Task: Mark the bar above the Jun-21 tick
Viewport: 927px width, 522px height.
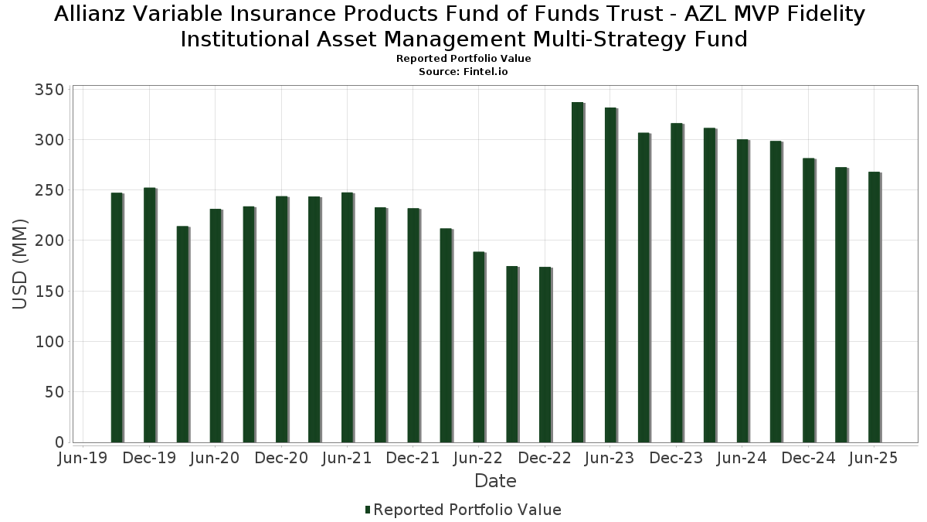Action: point(347,317)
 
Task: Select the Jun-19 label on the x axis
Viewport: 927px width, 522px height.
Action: point(83,459)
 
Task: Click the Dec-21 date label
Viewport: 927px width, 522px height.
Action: point(413,459)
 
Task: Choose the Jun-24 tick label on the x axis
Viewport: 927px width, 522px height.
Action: point(742,459)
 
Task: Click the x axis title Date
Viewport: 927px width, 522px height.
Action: point(495,481)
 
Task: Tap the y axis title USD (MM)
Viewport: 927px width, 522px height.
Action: point(21,264)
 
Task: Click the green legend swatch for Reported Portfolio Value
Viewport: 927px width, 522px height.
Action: point(368,510)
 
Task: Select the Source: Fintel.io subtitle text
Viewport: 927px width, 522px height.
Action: point(463,71)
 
